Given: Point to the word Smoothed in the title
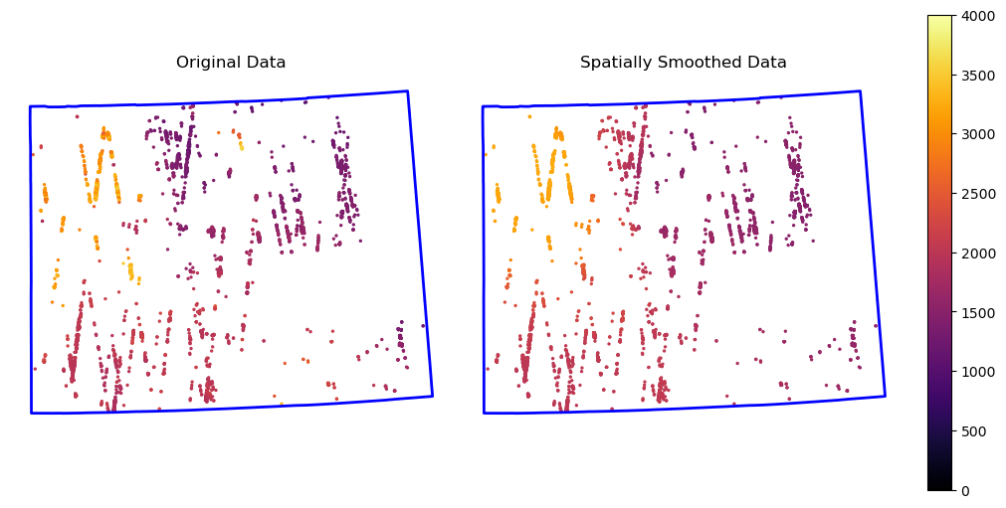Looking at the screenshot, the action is (x=697, y=63).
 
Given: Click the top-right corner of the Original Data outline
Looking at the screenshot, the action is (x=407, y=91).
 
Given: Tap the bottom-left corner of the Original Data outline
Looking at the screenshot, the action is (x=31, y=413).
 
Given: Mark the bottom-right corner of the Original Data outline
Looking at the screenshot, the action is (x=433, y=396).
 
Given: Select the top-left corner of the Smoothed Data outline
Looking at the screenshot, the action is (x=483, y=106).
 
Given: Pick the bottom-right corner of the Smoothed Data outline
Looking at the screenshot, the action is (x=885, y=396).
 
